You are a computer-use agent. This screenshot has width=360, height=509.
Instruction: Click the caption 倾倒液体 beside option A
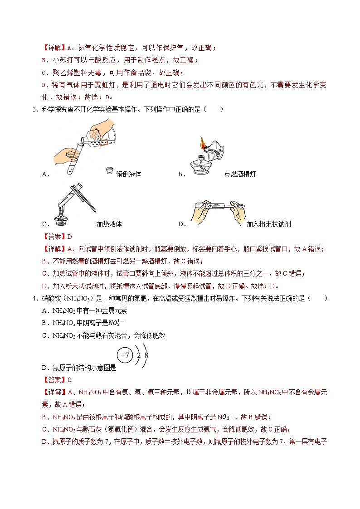128,174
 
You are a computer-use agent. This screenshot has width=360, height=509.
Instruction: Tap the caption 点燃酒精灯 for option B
239,174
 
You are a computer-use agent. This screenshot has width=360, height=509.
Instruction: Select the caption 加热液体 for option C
109,224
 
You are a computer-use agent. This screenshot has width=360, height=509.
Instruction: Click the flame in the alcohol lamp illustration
200,144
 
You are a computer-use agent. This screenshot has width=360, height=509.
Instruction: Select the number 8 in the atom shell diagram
146,355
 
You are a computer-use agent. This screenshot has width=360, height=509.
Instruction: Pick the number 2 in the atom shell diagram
138,355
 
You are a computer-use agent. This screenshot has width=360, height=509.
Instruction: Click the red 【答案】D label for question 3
57,237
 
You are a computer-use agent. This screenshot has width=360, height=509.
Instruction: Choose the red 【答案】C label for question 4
57,380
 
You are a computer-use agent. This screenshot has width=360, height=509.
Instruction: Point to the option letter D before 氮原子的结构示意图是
44,368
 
